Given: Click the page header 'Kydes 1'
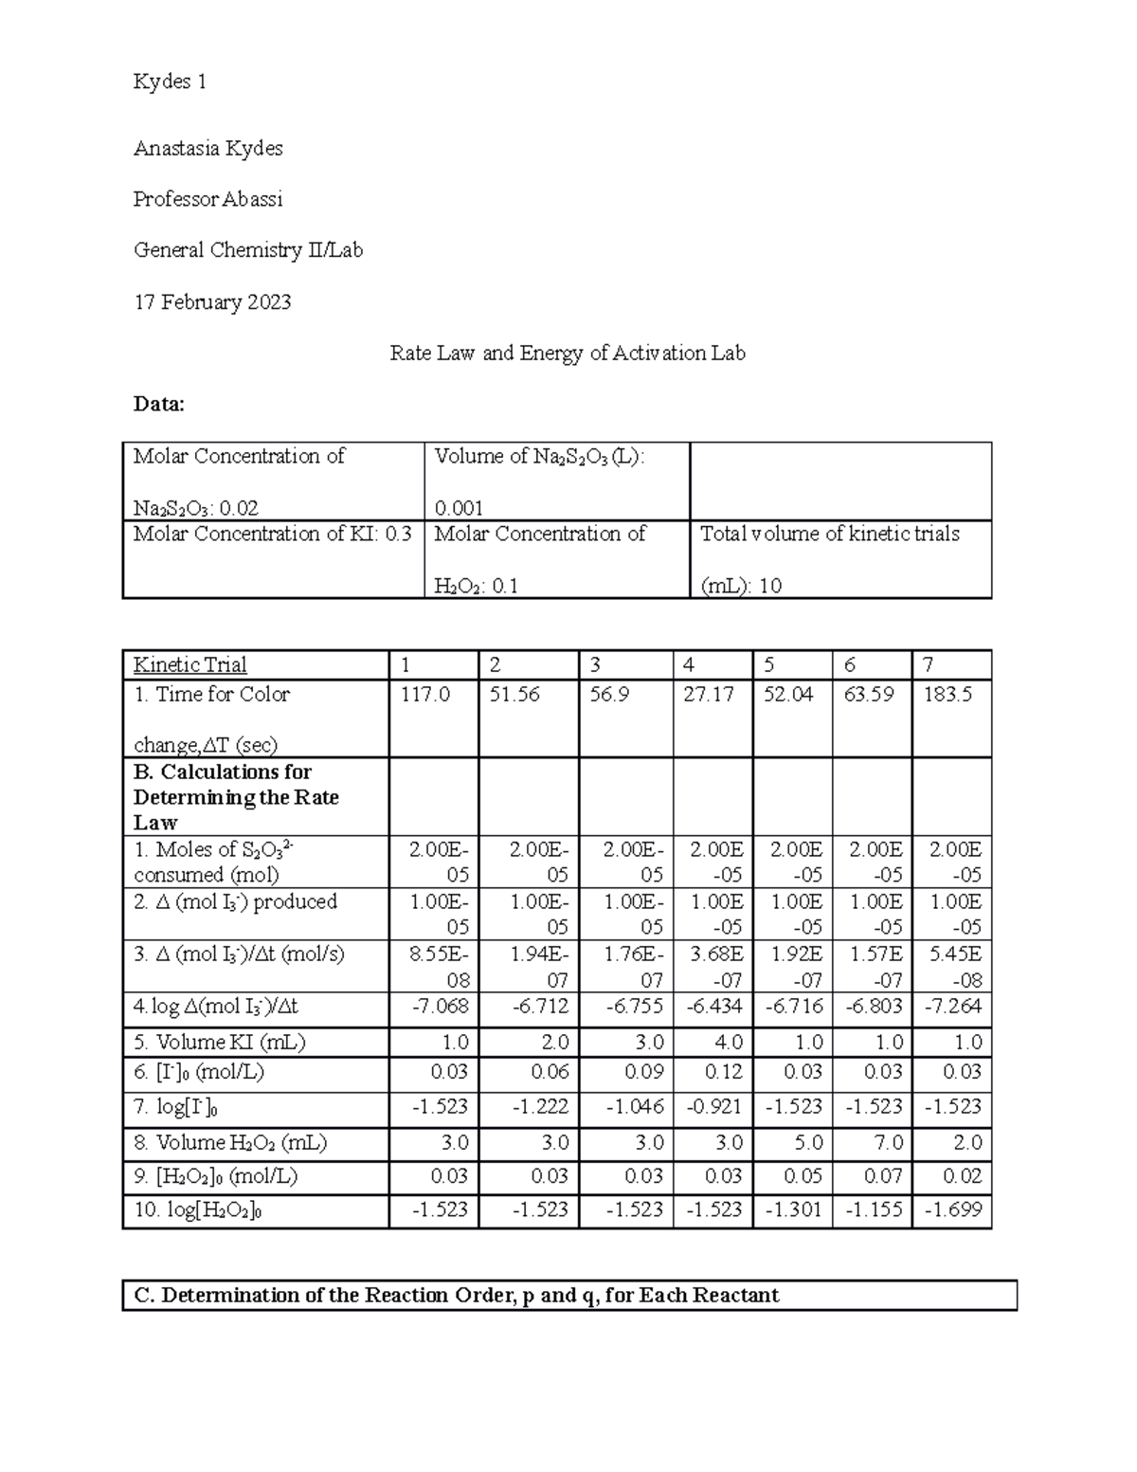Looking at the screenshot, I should (x=170, y=82).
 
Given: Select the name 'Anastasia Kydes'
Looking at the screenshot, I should (x=208, y=149).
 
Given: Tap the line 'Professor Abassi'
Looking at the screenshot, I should (x=208, y=200).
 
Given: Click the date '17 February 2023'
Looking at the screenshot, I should (x=212, y=302).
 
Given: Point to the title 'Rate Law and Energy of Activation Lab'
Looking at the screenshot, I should (x=568, y=354).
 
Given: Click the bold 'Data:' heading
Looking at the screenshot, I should (x=159, y=405).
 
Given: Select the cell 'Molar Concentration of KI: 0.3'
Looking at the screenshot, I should (x=272, y=535).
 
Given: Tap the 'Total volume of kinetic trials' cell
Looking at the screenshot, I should (x=829, y=535).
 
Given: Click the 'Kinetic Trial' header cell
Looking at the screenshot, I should (x=189, y=665).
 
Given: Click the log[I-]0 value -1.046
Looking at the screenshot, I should (x=635, y=1107).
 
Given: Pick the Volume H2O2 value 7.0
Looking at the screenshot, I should (x=888, y=1143).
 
